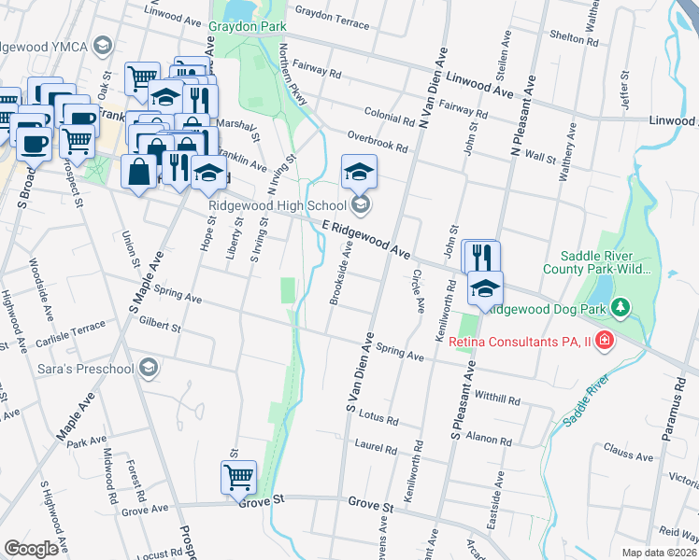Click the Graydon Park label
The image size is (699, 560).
pos(248,27)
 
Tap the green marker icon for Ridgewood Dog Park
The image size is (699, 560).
pos(621,308)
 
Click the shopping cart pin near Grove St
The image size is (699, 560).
pos(238,478)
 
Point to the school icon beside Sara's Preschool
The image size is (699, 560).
pos(148,369)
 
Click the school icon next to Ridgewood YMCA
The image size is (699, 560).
pos(103,45)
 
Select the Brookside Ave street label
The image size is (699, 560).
pos(340,273)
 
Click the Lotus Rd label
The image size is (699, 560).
pos(379,420)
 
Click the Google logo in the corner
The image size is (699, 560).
pos(31,549)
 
